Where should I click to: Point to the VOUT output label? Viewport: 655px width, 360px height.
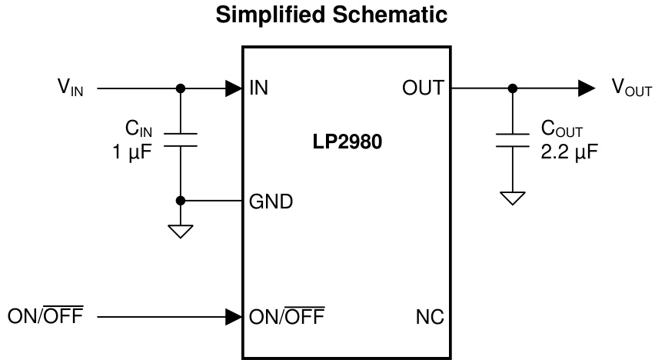(630, 88)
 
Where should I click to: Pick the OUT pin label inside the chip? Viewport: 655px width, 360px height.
(423, 88)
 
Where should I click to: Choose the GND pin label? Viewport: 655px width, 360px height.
(270, 202)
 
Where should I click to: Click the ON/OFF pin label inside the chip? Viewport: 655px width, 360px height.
(286, 315)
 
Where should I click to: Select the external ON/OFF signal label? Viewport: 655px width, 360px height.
(45, 315)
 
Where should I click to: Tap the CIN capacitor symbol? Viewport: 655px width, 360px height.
(181, 139)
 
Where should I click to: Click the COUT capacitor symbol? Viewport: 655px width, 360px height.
(512, 139)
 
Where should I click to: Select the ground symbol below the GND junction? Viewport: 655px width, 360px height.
(181, 231)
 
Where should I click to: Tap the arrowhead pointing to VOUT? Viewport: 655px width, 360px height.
(586, 88)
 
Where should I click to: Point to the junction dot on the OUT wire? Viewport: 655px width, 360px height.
(512, 88)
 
